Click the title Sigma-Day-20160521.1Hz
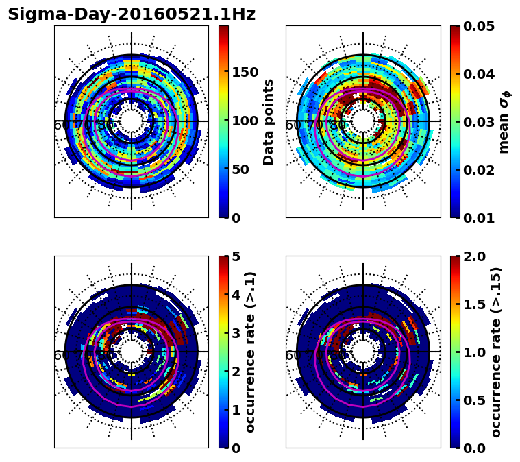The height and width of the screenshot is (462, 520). (132, 14)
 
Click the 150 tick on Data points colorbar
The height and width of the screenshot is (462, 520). (245, 73)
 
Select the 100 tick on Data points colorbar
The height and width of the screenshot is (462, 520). (245, 121)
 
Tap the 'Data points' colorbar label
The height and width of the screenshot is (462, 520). (269, 121)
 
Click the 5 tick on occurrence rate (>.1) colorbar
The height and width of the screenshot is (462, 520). (236, 256)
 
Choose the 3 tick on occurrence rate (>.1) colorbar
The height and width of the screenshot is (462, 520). (236, 333)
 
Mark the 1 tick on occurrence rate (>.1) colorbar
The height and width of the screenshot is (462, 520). (236, 410)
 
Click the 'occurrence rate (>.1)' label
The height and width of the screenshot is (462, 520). (251, 352)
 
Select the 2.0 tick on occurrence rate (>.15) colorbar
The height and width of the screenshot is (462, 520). (476, 256)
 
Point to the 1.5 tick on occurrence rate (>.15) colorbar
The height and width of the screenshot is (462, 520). (476, 304)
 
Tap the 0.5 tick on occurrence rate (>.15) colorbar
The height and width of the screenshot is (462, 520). (476, 400)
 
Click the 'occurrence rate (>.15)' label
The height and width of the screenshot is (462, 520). (497, 352)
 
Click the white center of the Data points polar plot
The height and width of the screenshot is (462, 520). (132, 121)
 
